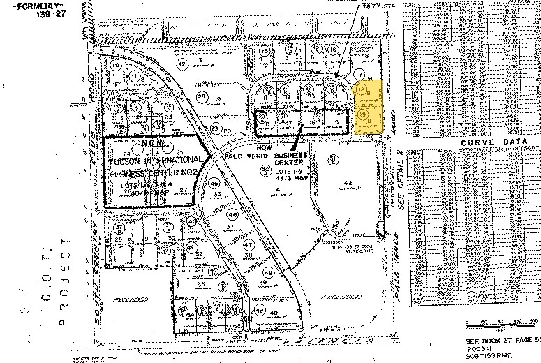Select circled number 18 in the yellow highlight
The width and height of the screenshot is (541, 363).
tap(361, 90)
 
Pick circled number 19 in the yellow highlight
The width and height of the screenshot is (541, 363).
tap(362, 113)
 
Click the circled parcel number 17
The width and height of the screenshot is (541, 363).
tap(360, 73)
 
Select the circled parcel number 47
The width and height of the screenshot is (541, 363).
tap(249, 245)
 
